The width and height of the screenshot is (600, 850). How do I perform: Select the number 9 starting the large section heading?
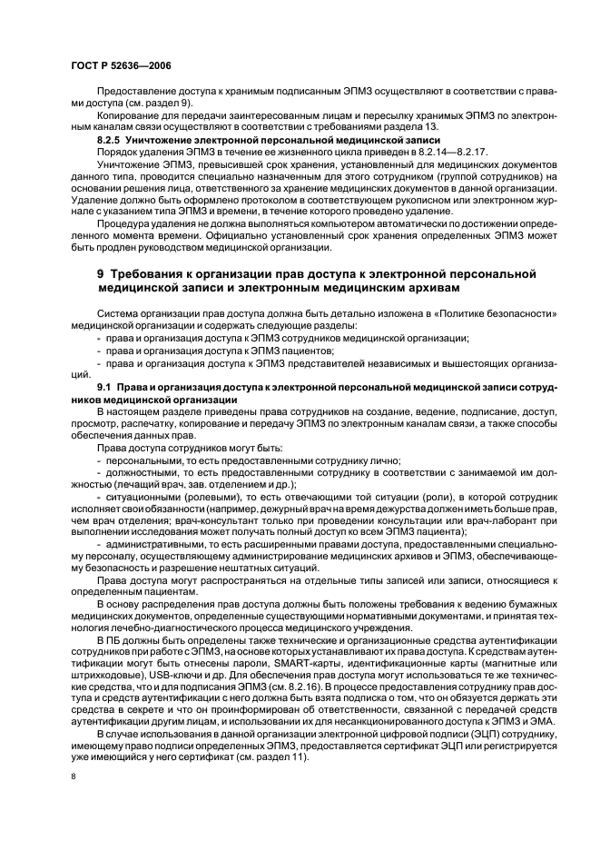point(102,272)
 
